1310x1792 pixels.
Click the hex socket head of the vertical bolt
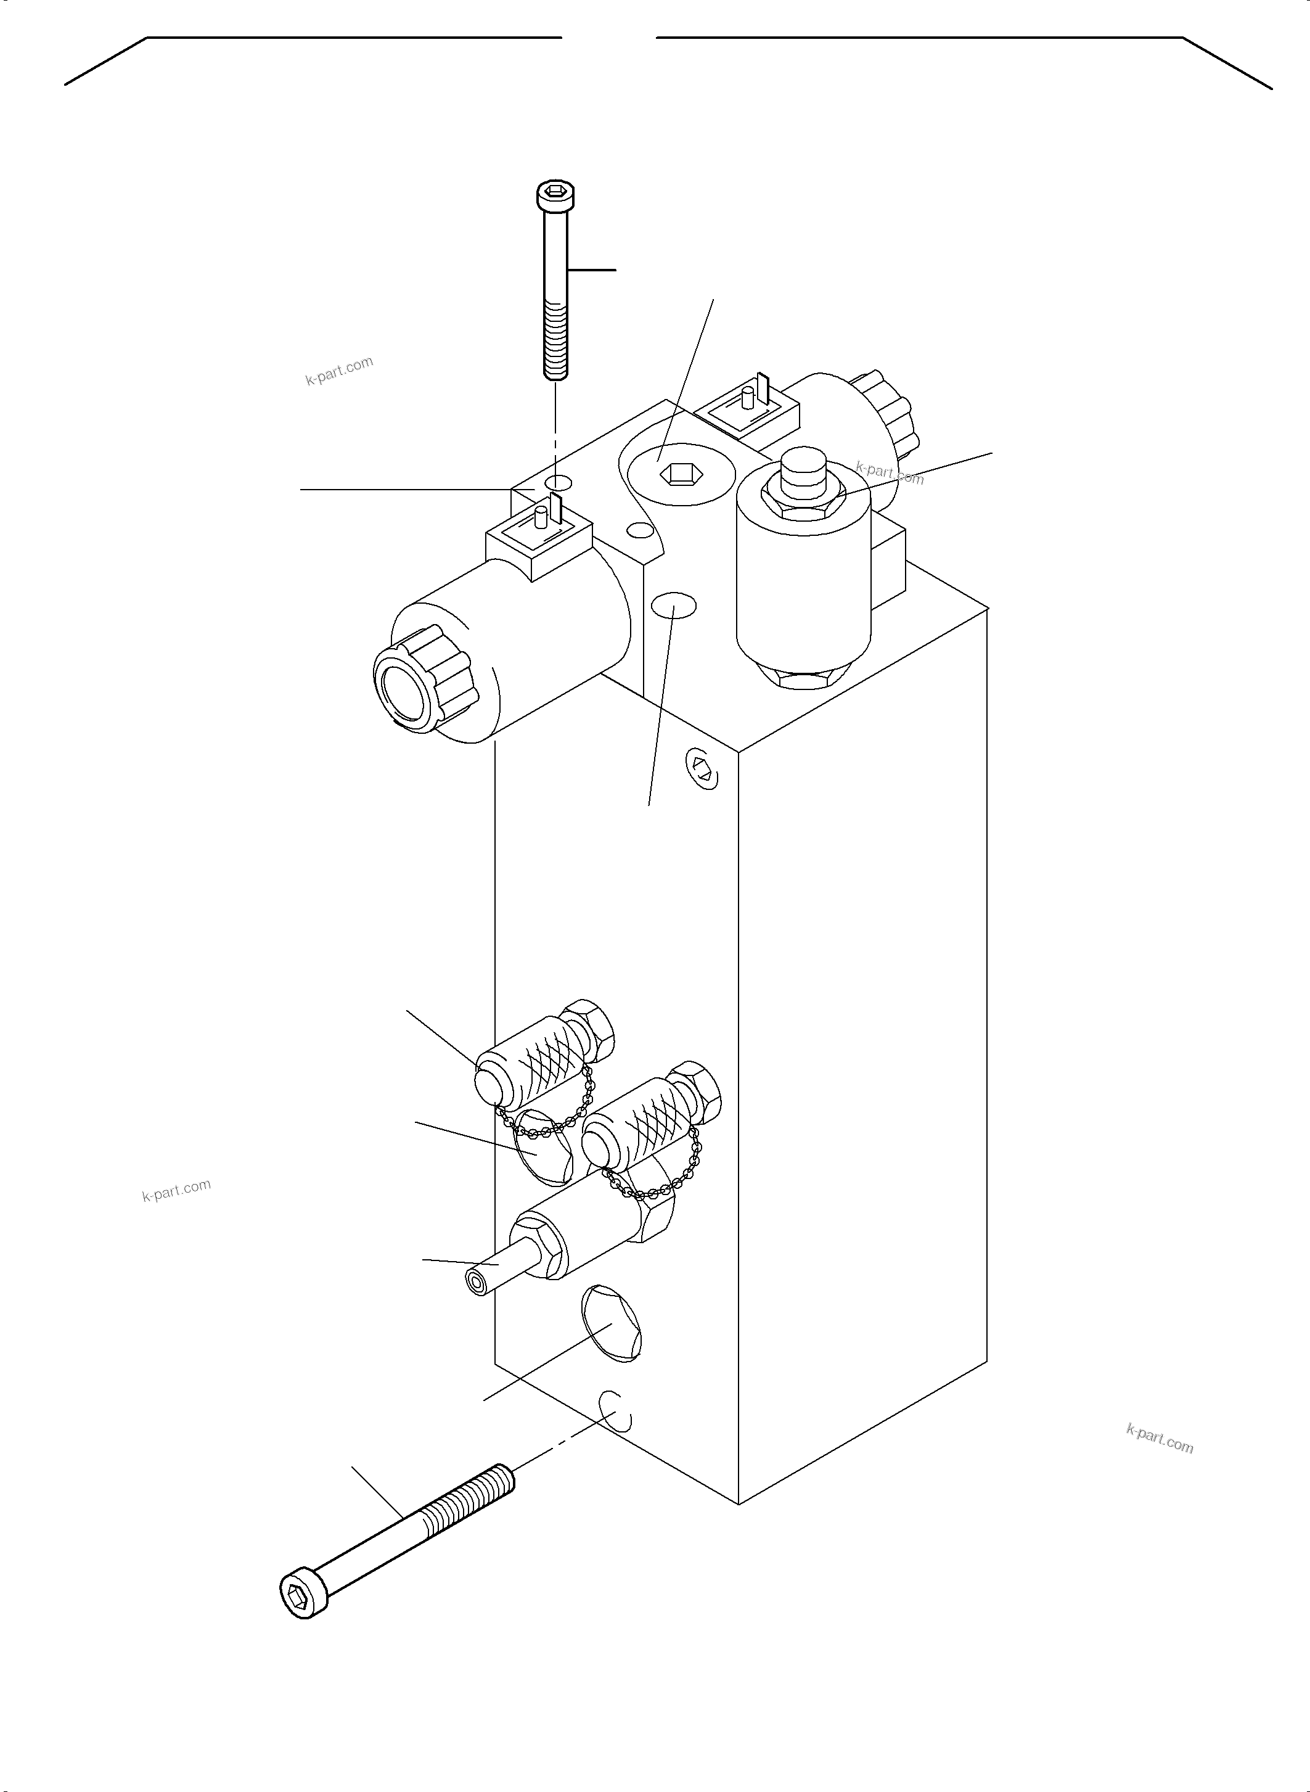[x=555, y=194]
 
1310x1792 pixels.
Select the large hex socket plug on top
[x=676, y=473]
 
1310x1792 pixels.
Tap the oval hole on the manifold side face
[x=673, y=607]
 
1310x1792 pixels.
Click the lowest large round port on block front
[x=610, y=1325]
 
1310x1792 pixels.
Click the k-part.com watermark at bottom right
[x=1160, y=1438]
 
